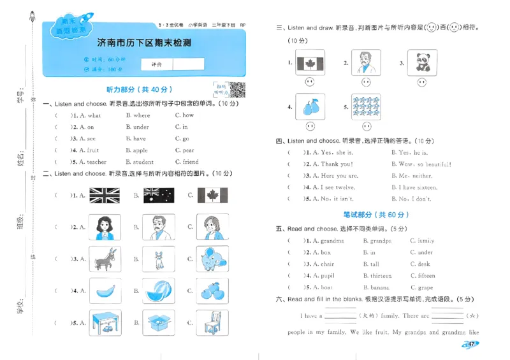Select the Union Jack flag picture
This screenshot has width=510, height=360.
point(104,196)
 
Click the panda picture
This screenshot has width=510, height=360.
point(421,62)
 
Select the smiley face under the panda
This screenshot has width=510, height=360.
point(421,82)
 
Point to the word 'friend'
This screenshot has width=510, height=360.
point(191,162)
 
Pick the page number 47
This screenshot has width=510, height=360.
point(470,345)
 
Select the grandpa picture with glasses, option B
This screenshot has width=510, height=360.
point(157,227)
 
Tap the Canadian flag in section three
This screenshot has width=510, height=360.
point(310,62)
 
